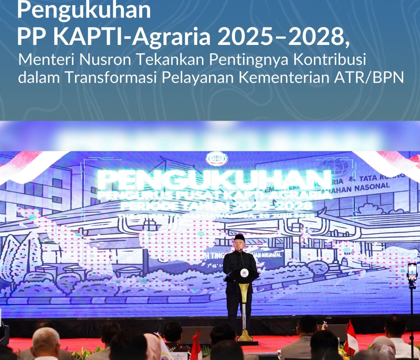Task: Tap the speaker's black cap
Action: click(240, 237)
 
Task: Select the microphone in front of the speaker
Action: click(241, 251)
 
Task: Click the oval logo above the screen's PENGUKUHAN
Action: click(217, 159)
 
